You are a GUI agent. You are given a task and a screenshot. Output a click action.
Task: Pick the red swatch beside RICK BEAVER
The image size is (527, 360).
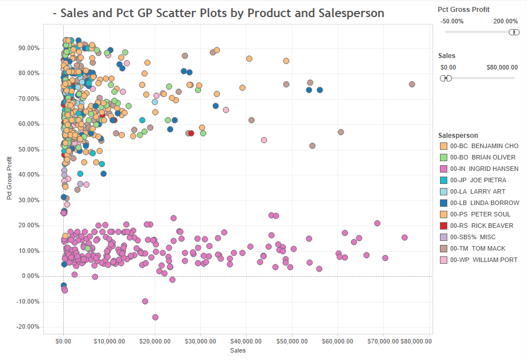coord(443,226)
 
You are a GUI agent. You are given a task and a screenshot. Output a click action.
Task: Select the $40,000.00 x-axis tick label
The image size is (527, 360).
coord(246,342)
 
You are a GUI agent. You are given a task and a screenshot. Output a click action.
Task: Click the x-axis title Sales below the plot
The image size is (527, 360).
coord(238,351)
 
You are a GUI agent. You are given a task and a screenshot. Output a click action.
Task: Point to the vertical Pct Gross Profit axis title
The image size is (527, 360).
coord(9,179)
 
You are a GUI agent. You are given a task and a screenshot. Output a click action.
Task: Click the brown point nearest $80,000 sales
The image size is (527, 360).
coord(412,84)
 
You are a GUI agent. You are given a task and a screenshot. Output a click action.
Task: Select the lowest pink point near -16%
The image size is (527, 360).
coord(155,317)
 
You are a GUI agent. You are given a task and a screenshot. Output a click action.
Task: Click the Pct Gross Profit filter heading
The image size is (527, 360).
coord(463,10)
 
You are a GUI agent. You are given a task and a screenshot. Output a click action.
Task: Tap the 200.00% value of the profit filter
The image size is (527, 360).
coord(505,21)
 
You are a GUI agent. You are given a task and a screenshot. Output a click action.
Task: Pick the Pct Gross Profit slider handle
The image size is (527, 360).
coord(514,32)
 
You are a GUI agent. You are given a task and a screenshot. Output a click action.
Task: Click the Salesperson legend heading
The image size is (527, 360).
coord(458,135)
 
